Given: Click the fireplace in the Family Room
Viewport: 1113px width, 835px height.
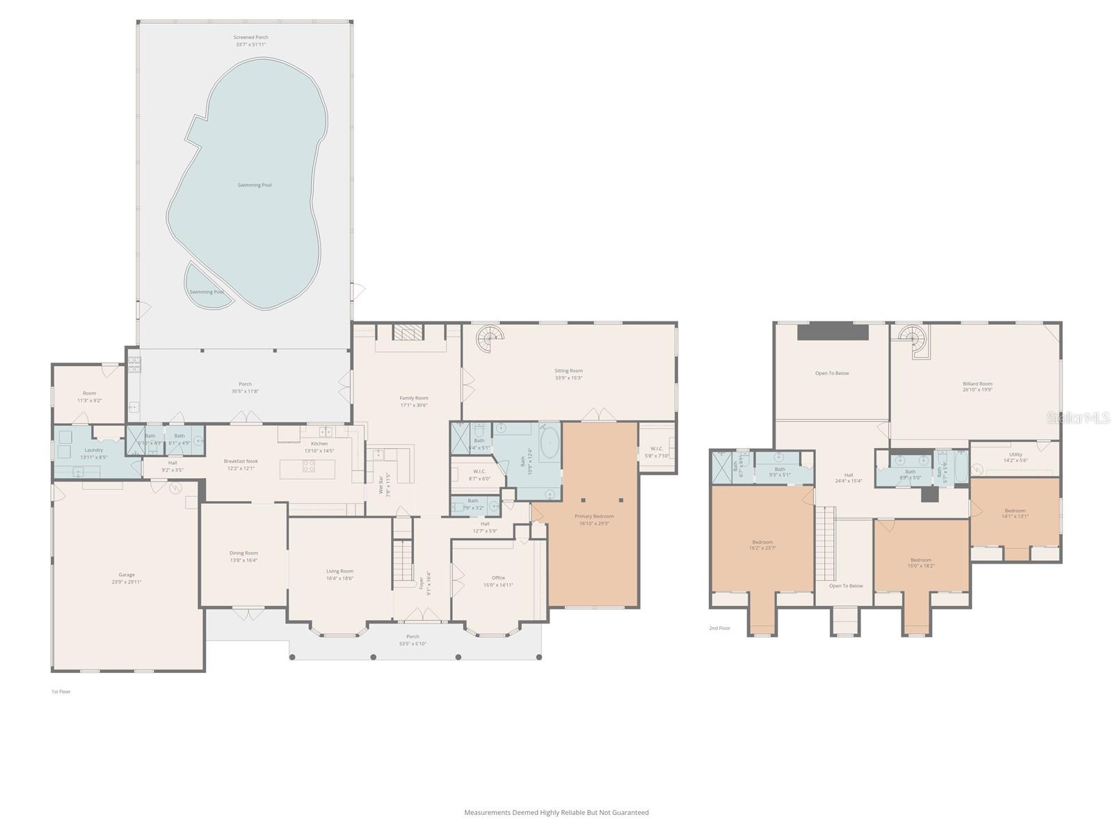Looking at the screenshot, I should click(x=408, y=333).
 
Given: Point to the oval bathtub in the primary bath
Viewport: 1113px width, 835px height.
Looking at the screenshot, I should click(x=550, y=443).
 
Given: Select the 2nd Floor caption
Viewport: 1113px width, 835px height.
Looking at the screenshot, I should click(x=719, y=628).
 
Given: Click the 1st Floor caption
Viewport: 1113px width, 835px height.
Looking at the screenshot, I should click(x=61, y=692).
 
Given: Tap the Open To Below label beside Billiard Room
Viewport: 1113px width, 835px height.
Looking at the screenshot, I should click(x=832, y=374).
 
